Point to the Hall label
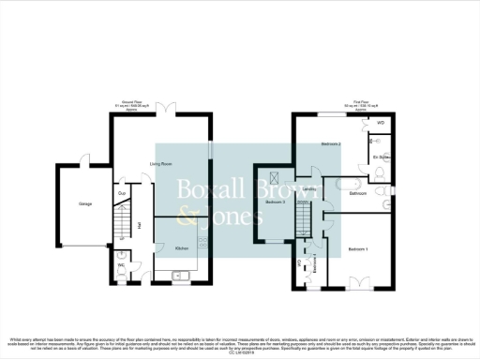pyautogui.click(x=140, y=225)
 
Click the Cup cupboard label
pyautogui.click(x=122, y=194)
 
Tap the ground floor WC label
pyautogui.click(x=121, y=265)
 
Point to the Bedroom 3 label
pyautogui.click(x=275, y=202)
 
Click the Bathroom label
pyautogui.click(x=357, y=193)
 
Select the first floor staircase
pyautogui.click(x=303, y=221)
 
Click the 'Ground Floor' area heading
pyautogui.click(x=130, y=104)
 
